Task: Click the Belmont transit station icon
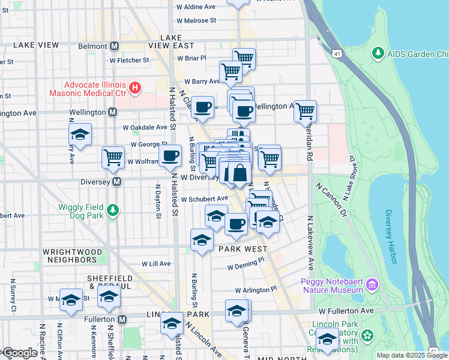114,46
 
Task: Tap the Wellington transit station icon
112,112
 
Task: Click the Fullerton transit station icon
122,320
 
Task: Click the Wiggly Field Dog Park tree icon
113,210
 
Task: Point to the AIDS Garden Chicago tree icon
378,54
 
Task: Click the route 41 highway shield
339,54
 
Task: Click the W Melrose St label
196,20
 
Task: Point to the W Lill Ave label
156,263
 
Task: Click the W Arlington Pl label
256,289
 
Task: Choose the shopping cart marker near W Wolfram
113,157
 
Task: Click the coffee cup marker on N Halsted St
170,155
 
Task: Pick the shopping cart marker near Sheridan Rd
305,110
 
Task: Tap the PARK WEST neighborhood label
243,248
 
